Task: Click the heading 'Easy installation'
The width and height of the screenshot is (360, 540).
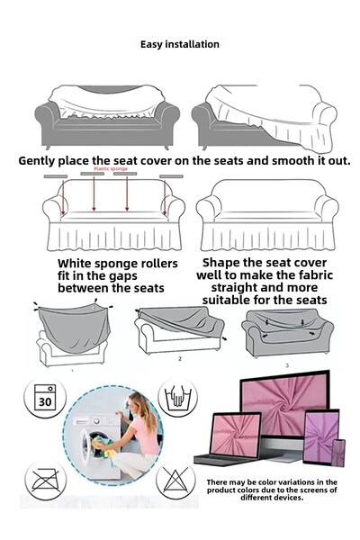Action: click(x=180, y=44)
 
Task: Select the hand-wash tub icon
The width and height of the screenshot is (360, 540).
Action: click(x=177, y=397)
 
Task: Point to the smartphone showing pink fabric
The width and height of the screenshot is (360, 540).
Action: click(x=338, y=452)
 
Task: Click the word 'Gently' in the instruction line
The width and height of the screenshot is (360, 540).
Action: click(x=42, y=160)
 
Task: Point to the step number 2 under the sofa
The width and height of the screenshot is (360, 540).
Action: click(x=179, y=358)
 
